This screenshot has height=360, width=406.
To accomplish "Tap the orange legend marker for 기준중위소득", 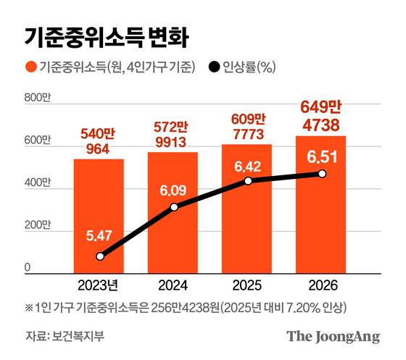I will (31, 68).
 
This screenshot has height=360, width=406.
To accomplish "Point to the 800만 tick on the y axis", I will (37, 98).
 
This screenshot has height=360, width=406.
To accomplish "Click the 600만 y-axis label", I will (37, 144).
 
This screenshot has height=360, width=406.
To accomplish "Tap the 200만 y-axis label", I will (37, 229).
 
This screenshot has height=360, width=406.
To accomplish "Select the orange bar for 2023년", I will (98, 217).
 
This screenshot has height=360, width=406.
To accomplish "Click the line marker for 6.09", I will (173, 208).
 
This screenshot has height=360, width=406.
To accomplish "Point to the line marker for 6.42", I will (247, 180).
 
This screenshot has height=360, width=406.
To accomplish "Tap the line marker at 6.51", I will (322, 174).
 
